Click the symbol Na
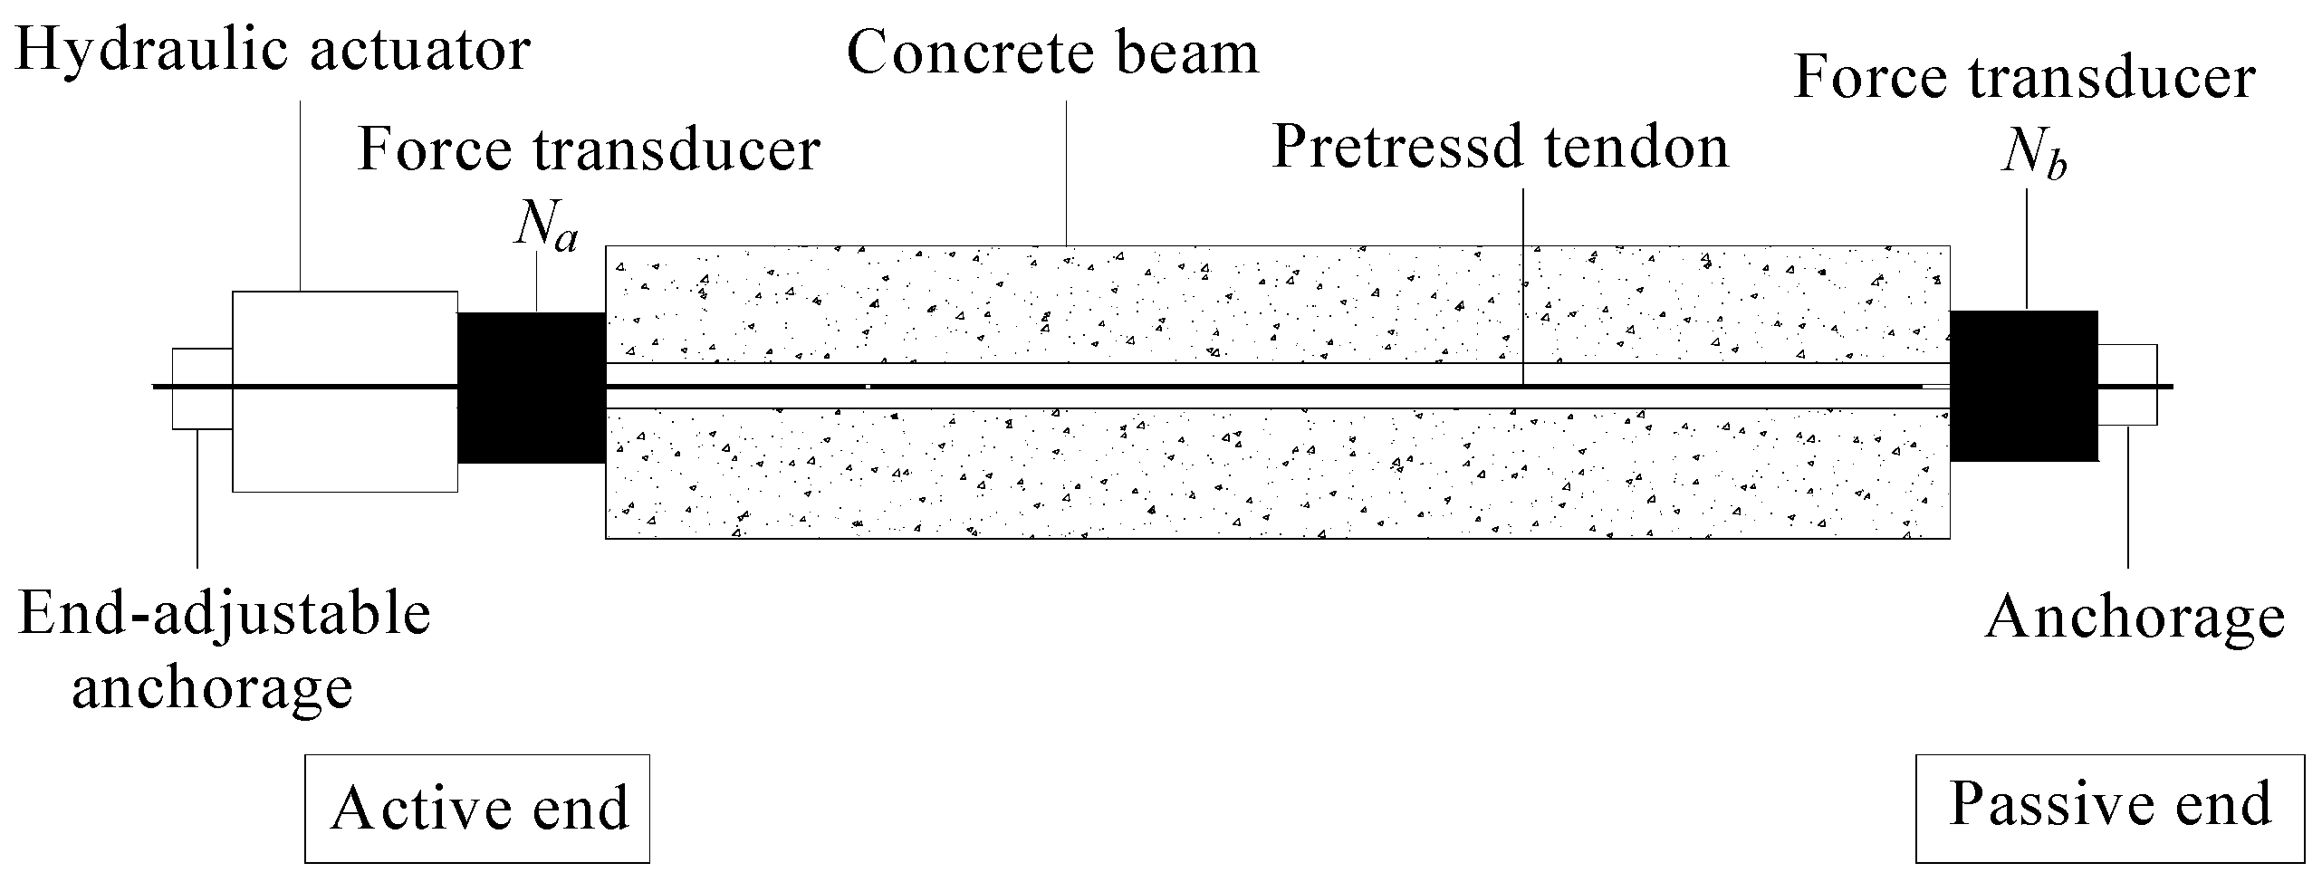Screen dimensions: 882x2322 [545, 228]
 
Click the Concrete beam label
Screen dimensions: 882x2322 [1052, 54]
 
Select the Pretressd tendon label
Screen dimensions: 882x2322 [1500, 147]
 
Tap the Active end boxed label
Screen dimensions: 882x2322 [477, 808]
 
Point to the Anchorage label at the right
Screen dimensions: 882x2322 [2135, 619]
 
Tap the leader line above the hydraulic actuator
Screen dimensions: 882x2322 [300, 195]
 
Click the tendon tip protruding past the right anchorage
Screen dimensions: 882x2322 [2166, 387]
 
